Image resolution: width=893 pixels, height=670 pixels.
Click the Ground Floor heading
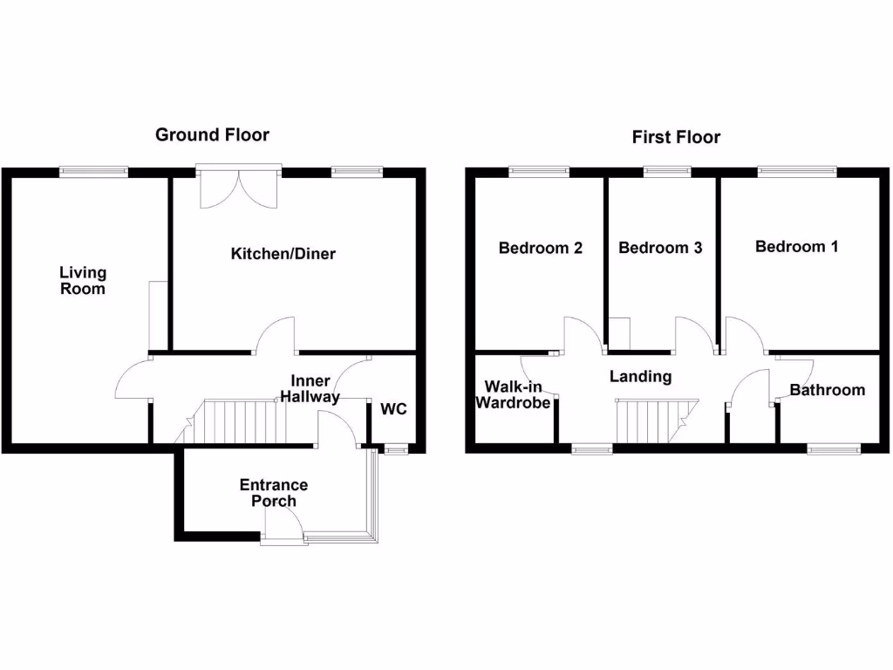(212, 135)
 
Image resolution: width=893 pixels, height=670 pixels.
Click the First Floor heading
(676, 137)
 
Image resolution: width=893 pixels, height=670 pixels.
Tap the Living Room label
(83, 281)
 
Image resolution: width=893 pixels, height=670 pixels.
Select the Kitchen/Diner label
(283, 254)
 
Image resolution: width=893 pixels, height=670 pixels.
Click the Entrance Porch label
(273, 493)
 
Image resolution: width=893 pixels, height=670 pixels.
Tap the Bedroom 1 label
(796, 247)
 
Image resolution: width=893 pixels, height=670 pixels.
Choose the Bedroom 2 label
(540, 248)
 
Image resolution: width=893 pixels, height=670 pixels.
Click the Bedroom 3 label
(660, 248)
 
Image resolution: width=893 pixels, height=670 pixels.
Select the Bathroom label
(828, 390)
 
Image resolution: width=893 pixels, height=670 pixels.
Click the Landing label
(640, 377)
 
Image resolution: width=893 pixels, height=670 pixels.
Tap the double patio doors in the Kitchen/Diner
(238, 185)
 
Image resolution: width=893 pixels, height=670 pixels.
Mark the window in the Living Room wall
(94, 172)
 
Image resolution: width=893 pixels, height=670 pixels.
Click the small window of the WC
(396, 450)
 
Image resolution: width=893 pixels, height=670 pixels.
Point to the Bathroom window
(834, 449)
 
